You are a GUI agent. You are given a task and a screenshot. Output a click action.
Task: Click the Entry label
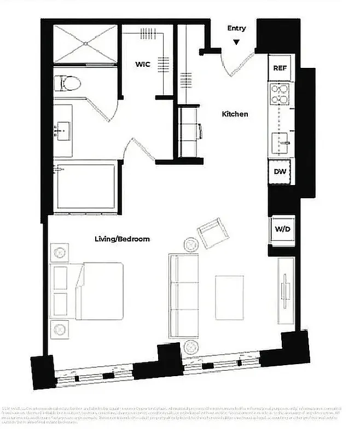(237, 28)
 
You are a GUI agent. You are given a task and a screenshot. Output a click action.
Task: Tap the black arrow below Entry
(237, 42)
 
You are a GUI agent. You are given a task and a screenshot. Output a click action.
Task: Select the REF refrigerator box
(280, 69)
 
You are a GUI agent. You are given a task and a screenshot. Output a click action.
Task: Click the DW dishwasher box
(280, 172)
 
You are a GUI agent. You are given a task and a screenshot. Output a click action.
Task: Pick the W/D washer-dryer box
(281, 229)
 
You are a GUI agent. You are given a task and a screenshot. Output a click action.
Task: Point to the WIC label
(143, 64)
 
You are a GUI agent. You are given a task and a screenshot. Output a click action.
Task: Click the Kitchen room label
(235, 114)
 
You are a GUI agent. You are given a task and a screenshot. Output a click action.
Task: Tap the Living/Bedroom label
(122, 239)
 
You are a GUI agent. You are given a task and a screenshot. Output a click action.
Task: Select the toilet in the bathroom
(69, 83)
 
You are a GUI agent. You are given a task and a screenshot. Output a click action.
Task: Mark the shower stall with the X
(85, 44)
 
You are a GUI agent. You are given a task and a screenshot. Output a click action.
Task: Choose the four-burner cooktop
(280, 96)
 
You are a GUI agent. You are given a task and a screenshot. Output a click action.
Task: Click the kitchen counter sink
(281, 143)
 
